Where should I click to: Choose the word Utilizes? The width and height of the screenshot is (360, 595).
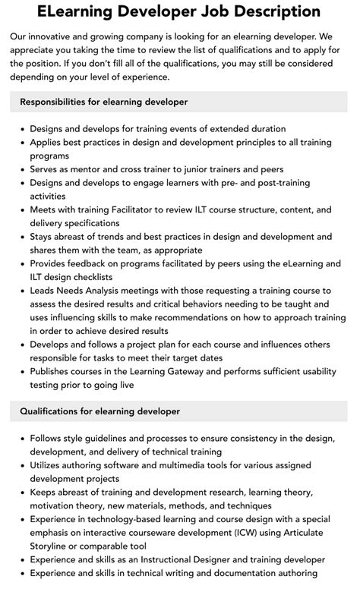[x=49, y=465]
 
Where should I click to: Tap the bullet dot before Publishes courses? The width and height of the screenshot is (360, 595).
[x=23, y=372]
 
